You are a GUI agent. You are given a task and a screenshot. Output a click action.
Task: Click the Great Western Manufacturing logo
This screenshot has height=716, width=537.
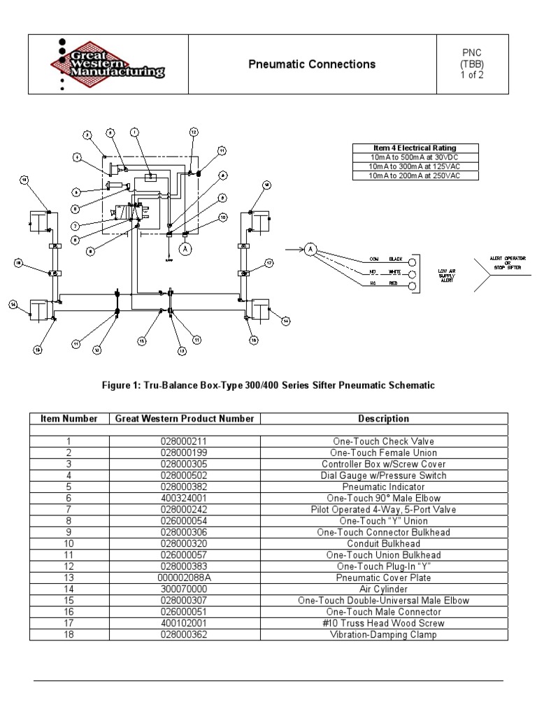pos(108,64)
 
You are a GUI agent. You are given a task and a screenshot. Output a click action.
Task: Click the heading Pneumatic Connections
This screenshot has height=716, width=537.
pos(312,64)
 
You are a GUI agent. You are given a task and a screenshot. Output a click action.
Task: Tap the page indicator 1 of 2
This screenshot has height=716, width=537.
pos(471,76)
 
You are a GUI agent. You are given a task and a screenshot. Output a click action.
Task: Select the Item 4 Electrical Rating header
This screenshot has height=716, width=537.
pos(415,148)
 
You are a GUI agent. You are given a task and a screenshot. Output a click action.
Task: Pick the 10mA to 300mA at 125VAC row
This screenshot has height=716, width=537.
pos(415,166)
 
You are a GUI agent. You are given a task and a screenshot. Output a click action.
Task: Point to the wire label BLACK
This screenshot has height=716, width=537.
pos(397,259)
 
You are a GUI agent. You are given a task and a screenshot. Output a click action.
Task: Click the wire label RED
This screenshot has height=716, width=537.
pos(394,283)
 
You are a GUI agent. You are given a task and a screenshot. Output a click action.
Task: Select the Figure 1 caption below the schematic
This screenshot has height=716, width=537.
pos(268,385)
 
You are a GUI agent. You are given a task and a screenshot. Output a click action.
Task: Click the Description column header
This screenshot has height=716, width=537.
pos(383,419)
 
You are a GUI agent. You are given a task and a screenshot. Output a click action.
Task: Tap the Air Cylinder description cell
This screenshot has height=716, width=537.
pos(383,589)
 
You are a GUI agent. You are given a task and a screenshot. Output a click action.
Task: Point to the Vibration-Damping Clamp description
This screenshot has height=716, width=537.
pos(383,635)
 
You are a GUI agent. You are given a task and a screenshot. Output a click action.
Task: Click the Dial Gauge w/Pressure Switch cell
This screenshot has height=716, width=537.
pos(383,475)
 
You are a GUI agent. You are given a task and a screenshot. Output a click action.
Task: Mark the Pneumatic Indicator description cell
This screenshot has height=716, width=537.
pos(383,487)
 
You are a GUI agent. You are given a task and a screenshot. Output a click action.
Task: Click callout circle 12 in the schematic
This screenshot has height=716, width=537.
pos(194,131)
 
